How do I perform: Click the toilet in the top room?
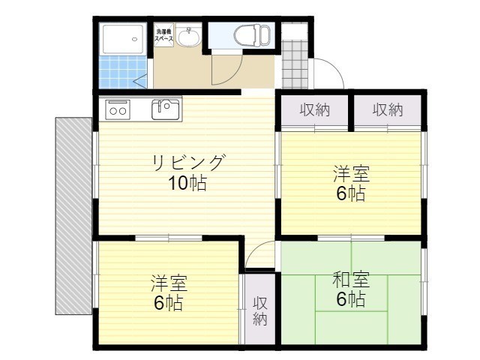249,34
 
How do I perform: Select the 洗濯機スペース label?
164,34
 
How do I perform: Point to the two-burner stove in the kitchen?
118,110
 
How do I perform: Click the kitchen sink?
166,109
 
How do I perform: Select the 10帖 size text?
187,183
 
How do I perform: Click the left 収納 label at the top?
315,110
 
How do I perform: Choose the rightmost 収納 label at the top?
388,110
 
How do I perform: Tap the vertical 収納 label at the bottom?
259,310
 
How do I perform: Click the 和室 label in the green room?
351,280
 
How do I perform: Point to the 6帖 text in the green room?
351,299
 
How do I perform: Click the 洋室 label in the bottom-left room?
169,283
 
